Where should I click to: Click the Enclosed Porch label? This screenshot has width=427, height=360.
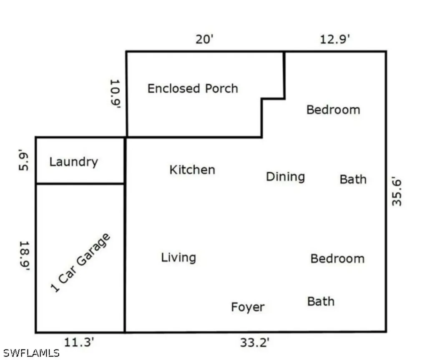pos(193,88)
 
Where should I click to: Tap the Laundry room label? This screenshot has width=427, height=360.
pos(73,162)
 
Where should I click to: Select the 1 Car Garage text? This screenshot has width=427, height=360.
pos(80,263)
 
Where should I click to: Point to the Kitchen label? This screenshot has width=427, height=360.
pos(192,170)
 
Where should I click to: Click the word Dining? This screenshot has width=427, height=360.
pos(285,177)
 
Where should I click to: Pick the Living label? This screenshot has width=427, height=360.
pos(178,257)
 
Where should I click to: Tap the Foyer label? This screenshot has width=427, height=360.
pos(248,307)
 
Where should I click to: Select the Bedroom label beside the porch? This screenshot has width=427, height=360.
pos(333,110)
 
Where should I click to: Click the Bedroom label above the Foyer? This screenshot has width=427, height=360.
pos(337,258)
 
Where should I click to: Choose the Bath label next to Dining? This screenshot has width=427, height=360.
pos(353,180)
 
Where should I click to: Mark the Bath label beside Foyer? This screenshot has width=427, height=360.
pos(321,301)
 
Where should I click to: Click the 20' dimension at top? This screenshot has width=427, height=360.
pos(205,40)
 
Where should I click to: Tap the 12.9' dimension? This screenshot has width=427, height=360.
pos(335,40)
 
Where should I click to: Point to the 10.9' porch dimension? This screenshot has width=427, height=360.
pos(115,94)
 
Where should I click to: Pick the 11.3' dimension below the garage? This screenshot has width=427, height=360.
pos(79,342)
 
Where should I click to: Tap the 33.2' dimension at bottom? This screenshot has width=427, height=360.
pos(254,342)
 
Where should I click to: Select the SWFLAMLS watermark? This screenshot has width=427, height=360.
pos(30,353)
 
